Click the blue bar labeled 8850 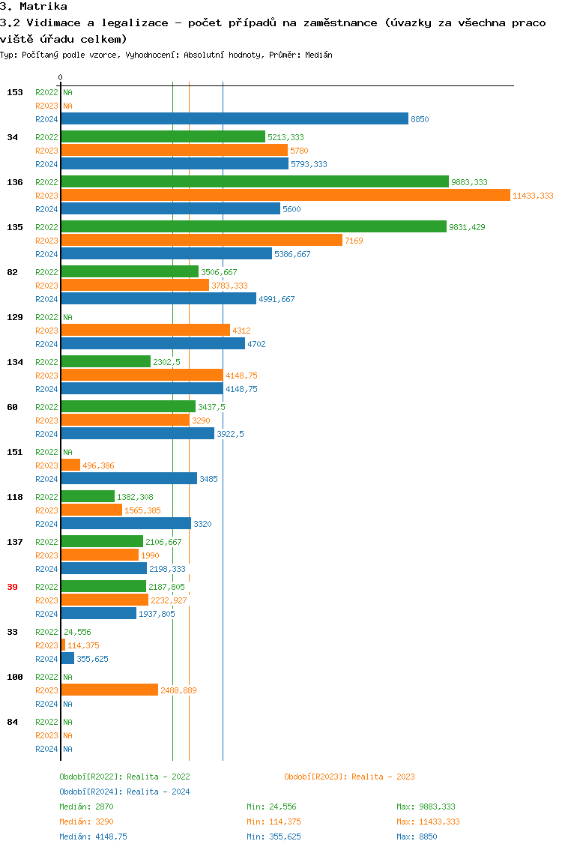coord(235,118)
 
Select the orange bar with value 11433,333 coord(285,195)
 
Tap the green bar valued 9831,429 coord(253,226)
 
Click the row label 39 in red coord(12,587)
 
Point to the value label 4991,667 coord(277,299)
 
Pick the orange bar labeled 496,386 coord(70,465)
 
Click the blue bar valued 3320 coord(126,523)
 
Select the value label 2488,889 coord(178,690)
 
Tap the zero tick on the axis coord(61,77)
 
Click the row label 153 coord(14,92)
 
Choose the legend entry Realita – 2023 coord(349,777)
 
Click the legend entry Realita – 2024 coord(124,792)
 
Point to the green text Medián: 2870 coord(86,807)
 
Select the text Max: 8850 coord(417,837)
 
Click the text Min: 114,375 coord(274,822)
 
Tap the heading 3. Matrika coord(34,6)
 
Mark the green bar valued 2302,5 coord(106,361)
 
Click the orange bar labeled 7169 coord(202,240)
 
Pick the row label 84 coord(12,722)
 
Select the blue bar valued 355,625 coord(67,658)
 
